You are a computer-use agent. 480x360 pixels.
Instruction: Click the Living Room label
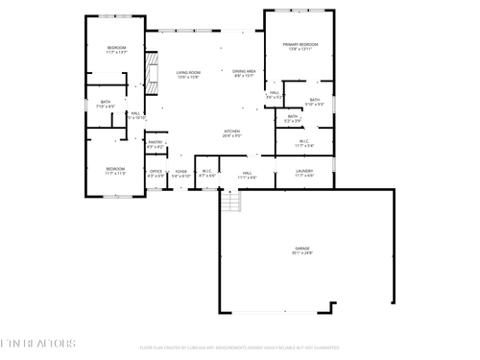pyautogui.click(x=187, y=73)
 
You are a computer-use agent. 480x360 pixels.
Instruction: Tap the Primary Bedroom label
pyautogui.click(x=300, y=45)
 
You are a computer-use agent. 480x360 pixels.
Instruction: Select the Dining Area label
pyautogui.click(x=244, y=71)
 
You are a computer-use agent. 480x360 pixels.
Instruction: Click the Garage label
pyautogui.click(x=303, y=249)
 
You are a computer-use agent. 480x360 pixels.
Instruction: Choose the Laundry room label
pyautogui.click(x=305, y=172)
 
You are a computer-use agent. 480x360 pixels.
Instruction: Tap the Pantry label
pyautogui.click(x=155, y=142)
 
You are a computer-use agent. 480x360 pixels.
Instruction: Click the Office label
pyautogui.click(x=155, y=172)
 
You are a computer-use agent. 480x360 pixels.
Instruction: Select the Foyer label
pyautogui.click(x=180, y=172)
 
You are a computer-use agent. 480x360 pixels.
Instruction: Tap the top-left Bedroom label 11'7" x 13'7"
pyautogui.click(x=117, y=48)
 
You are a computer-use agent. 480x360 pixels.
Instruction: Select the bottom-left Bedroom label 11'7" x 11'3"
pyautogui.click(x=116, y=169)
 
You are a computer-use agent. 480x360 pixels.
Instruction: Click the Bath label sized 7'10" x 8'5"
pyautogui.click(x=105, y=104)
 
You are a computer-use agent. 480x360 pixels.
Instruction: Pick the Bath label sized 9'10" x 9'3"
pyautogui.click(x=315, y=100)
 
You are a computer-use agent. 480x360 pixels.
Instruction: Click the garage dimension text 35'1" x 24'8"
pyautogui.click(x=303, y=252)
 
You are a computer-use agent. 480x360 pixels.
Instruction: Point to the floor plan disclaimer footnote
pyautogui.click(x=239, y=348)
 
